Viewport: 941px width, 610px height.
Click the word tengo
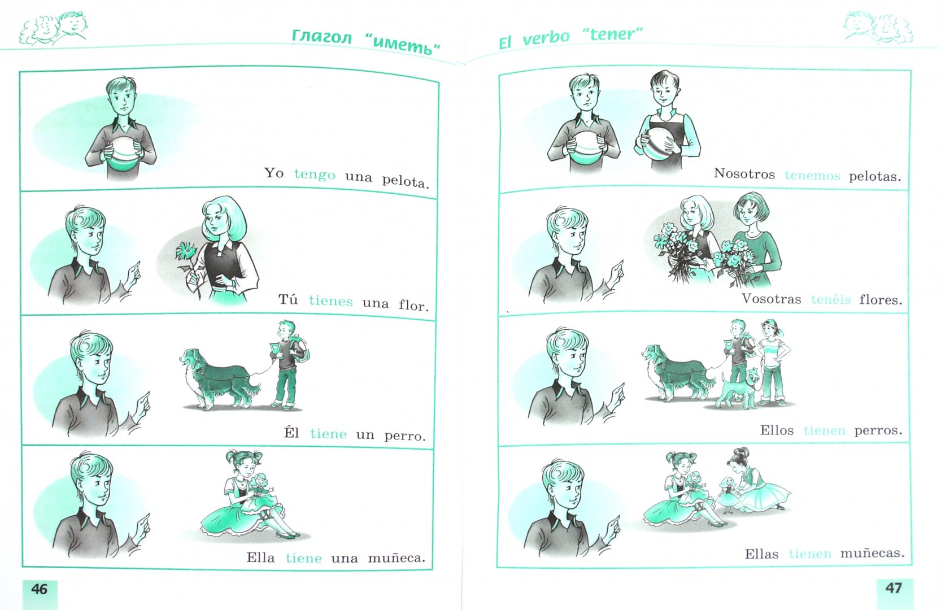[x=315, y=175]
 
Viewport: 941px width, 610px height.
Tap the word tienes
[x=330, y=301]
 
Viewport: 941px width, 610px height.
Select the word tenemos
[x=812, y=176]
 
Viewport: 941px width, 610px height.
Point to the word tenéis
[x=830, y=299]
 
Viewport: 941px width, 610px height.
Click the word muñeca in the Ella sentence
[x=396, y=558]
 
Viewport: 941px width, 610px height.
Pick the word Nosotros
[x=744, y=173]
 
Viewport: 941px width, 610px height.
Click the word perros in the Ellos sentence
[x=878, y=431]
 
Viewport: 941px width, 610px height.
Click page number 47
[x=893, y=587]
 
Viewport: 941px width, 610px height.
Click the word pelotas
[x=875, y=176]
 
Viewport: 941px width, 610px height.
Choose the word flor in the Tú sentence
[x=414, y=304]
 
